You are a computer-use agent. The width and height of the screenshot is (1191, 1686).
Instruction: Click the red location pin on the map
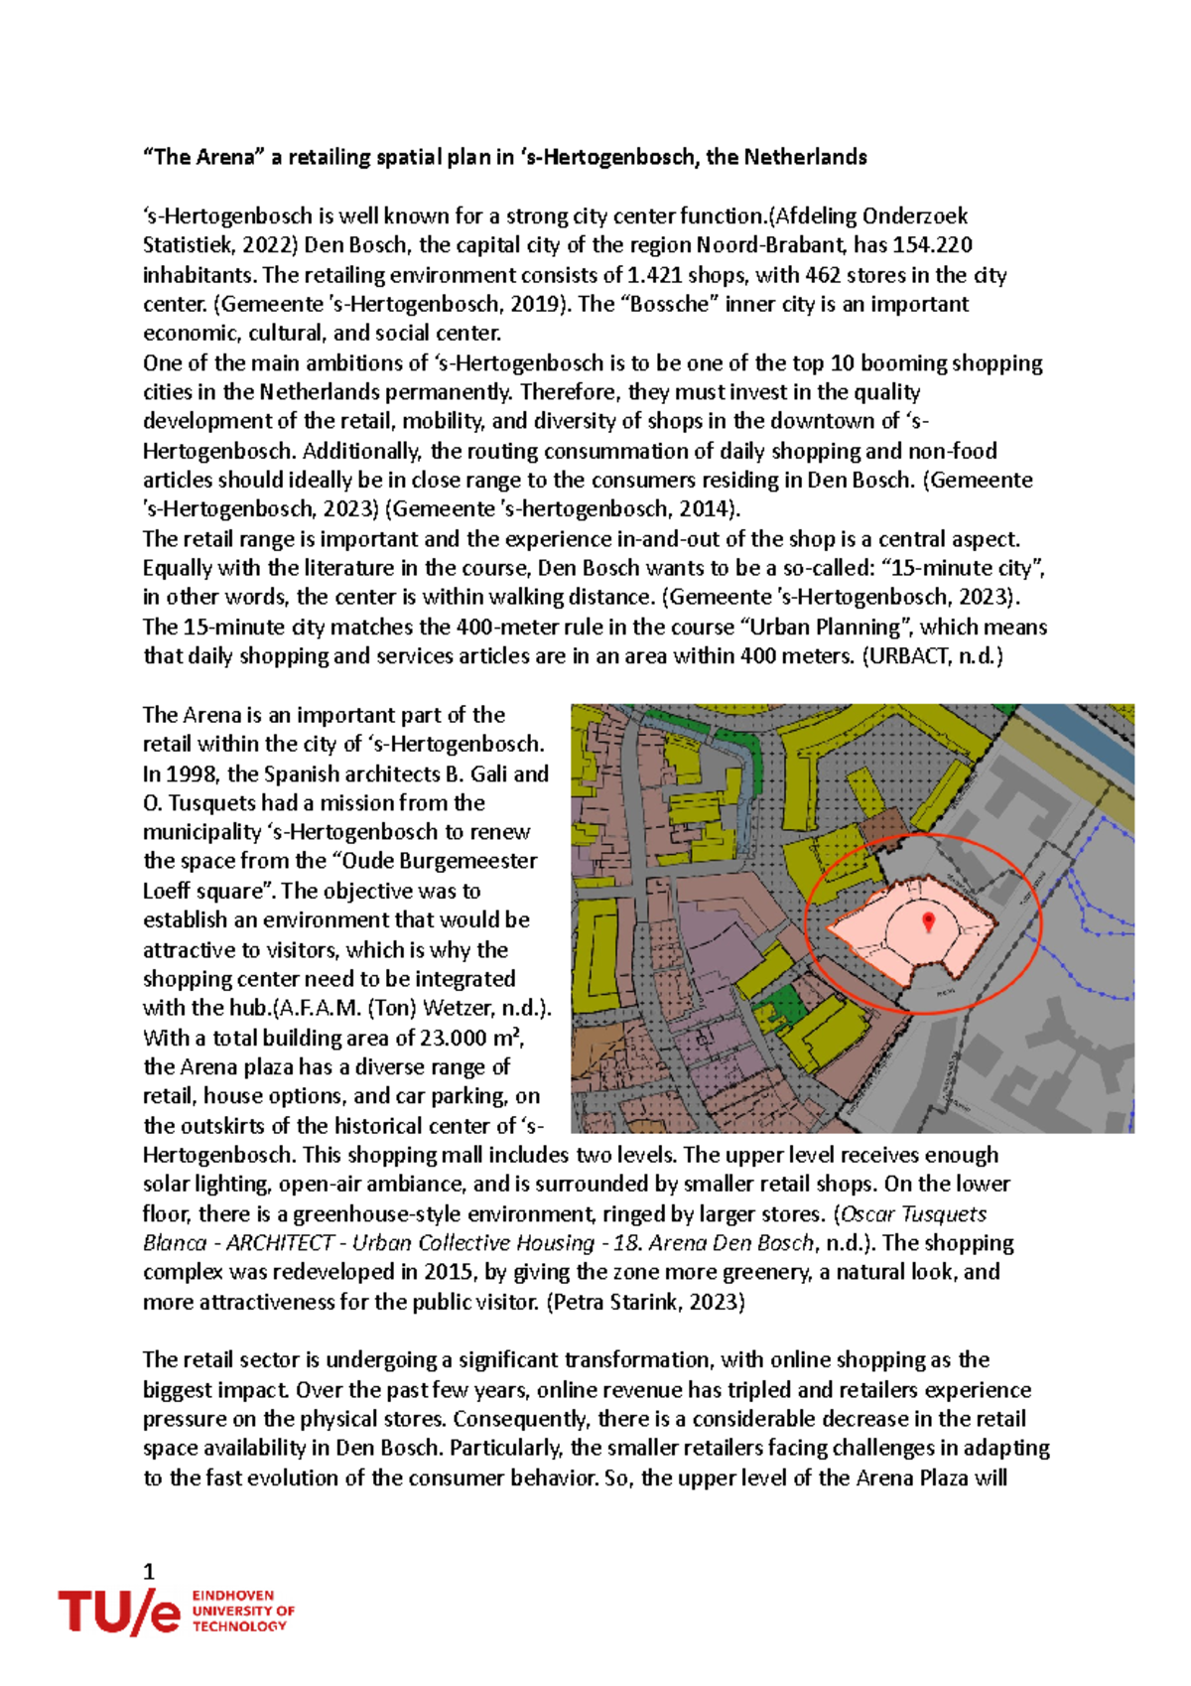click(x=928, y=921)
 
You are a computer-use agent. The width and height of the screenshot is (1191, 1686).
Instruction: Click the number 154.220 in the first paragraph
click(x=932, y=245)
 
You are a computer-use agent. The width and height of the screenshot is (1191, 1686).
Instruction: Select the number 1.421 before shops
click(x=655, y=275)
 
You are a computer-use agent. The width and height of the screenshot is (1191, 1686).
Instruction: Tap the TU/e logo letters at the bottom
click(x=118, y=1612)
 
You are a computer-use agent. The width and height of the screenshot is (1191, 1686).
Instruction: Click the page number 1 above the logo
click(x=149, y=1571)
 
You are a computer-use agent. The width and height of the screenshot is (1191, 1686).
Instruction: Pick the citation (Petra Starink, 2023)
click(x=645, y=1302)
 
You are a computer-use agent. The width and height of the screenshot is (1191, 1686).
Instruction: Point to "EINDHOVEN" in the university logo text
click(x=233, y=1595)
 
